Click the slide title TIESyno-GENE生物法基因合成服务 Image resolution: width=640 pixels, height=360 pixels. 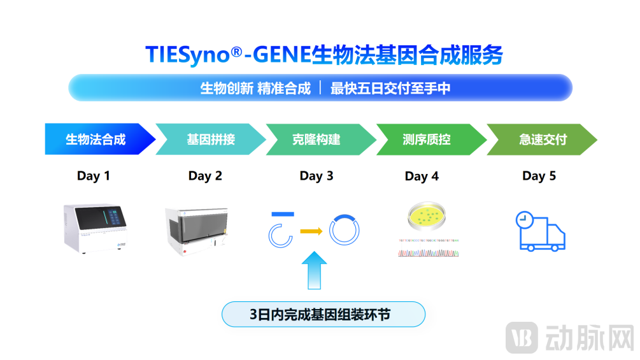click(x=324, y=55)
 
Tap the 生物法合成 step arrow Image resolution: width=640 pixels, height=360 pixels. click(x=97, y=139)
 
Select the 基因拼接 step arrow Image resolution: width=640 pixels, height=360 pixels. click(x=211, y=139)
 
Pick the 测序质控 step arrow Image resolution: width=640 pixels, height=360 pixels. click(x=427, y=139)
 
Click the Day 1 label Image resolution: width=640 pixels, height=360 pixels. click(x=94, y=176)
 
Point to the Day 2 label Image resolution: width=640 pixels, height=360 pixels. click(x=205, y=176)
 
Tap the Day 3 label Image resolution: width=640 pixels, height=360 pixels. click(x=316, y=176)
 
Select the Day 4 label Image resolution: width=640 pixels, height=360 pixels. click(x=422, y=176)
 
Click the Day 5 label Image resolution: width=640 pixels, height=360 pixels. click(x=539, y=176)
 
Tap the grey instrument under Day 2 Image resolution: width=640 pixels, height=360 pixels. click(x=197, y=231)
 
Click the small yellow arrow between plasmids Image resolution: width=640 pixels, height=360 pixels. click(x=311, y=231)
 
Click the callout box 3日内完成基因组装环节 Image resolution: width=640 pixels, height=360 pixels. click(x=323, y=314)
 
